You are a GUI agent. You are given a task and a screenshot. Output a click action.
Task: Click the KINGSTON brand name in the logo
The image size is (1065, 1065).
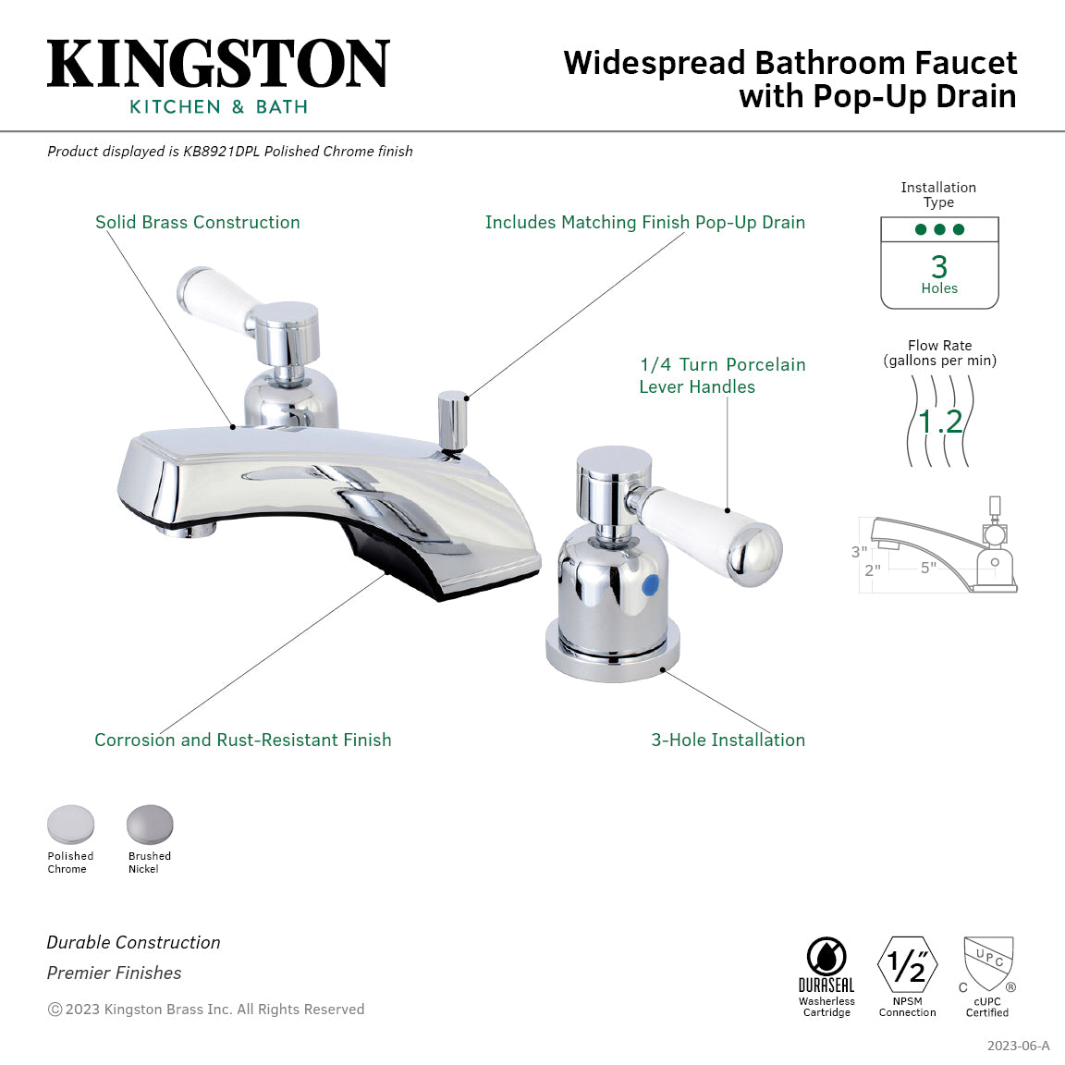[218, 65]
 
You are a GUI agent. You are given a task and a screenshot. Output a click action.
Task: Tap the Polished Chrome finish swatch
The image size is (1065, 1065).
[71, 825]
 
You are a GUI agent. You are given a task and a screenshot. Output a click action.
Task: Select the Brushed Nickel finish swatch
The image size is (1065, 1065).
[150, 825]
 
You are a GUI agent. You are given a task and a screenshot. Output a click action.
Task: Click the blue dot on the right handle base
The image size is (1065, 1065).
[652, 585]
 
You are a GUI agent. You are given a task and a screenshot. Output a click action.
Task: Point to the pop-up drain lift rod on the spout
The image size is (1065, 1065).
[452, 421]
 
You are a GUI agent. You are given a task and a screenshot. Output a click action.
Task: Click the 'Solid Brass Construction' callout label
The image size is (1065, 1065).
[198, 223]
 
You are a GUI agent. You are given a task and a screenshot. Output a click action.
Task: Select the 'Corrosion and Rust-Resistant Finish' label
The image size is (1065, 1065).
[243, 741]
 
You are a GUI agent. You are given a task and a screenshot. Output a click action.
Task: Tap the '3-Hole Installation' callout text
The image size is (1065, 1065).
[728, 741]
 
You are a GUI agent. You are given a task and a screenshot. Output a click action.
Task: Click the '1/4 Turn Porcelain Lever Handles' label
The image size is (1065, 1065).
[722, 376]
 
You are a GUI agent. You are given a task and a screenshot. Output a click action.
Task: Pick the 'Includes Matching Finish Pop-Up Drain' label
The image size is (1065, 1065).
[645, 223]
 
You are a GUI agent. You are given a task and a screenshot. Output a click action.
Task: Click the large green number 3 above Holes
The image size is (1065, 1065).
[939, 267]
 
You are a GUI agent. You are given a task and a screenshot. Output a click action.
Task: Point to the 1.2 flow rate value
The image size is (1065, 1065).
[941, 422]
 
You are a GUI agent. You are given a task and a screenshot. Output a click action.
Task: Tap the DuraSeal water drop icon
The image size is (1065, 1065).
[826, 957]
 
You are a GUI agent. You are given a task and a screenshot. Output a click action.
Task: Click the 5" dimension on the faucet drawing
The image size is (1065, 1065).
[928, 568]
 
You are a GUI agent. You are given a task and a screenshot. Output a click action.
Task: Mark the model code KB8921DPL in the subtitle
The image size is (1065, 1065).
[221, 152]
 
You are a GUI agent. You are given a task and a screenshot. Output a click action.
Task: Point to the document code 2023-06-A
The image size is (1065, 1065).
[1018, 1046]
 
